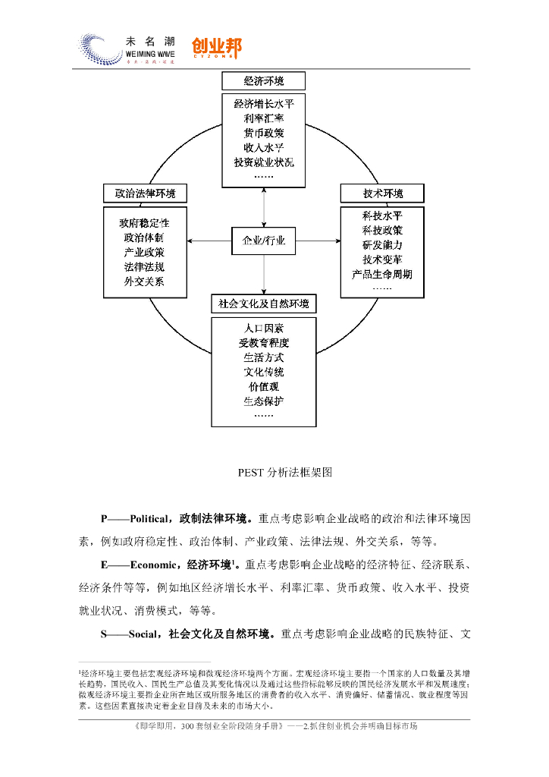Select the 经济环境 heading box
[264, 81]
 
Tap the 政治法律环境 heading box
[144, 194]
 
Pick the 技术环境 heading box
[383, 194]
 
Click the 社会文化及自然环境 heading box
[264, 304]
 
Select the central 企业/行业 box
[264, 241]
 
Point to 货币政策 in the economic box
[264, 134]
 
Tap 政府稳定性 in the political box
[144, 224]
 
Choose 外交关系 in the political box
[144, 282]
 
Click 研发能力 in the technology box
[382, 245]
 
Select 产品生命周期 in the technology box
[382, 274]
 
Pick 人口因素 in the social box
[264, 329]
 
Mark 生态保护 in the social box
[264, 401]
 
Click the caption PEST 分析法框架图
[274, 472]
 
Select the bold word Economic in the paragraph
[154, 565]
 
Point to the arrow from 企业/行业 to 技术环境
[318, 241]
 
